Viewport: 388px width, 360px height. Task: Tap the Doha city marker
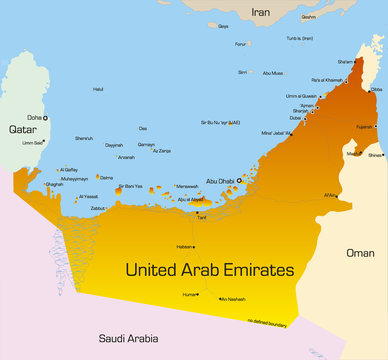tap(44, 118)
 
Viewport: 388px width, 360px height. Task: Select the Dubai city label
tap(295, 118)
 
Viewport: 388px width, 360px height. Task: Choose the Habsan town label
tap(183, 246)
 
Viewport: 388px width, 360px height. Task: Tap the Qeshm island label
tap(308, 16)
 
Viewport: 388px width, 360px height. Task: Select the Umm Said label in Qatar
tap(33, 142)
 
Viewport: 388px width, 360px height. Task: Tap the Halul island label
tap(98, 89)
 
